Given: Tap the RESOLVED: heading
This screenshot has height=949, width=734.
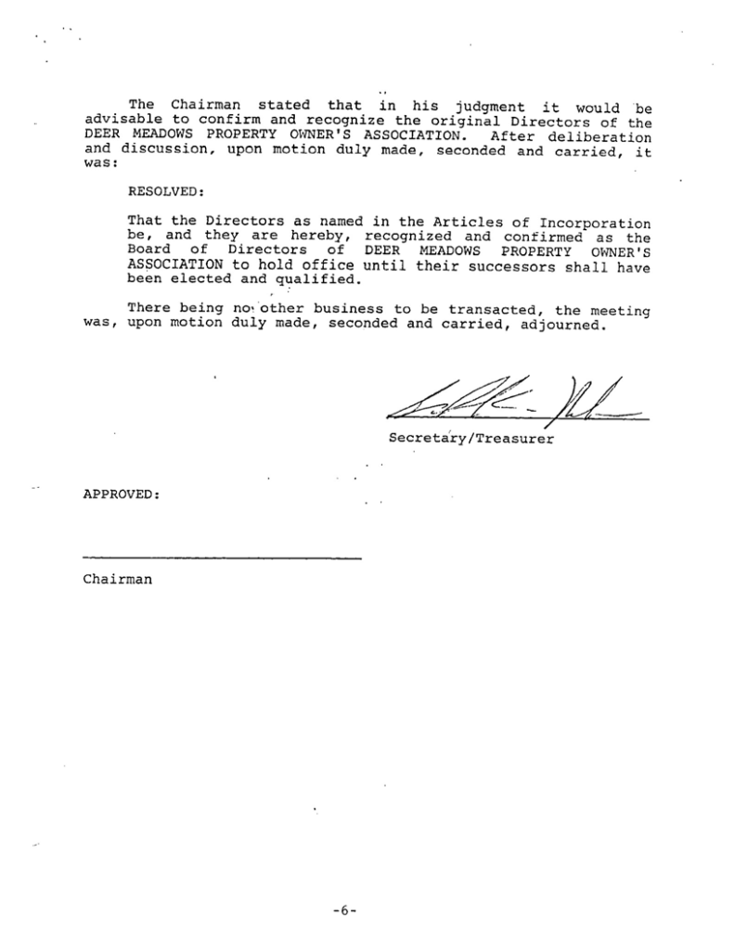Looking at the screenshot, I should click(163, 191).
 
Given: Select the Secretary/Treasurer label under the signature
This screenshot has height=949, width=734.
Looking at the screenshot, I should click(470, 438).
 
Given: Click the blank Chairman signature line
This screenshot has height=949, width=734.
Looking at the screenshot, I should click(221, 558).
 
